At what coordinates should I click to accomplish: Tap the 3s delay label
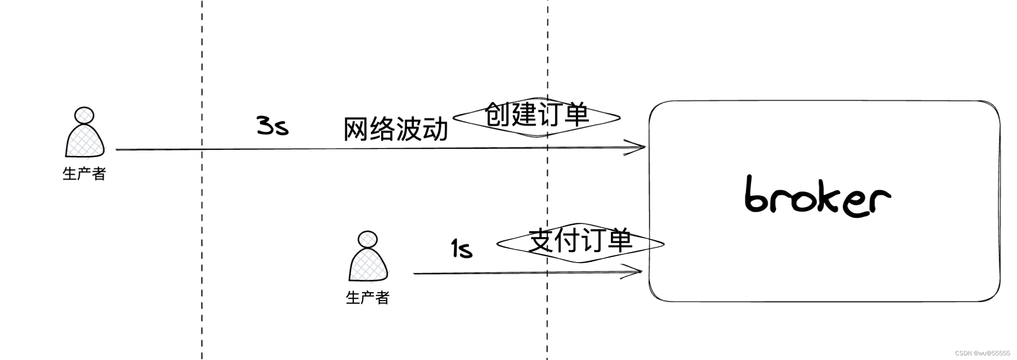click(x=272, y=126)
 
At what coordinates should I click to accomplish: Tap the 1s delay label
click(x=461, y=249)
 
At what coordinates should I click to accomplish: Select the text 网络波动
click(x=396, y=129)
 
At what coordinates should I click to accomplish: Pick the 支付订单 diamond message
click(x=580, y=242)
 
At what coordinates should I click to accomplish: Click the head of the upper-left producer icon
click(x=84, y=115)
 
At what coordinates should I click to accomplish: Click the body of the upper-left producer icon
click(x=84, y=141)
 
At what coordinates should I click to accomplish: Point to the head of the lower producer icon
click(x=367, y=239)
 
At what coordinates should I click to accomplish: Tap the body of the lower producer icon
click(x=368, y=265)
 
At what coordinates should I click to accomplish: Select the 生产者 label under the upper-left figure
click(x=84, y=174)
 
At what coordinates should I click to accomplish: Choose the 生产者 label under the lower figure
click(x=368, y=298)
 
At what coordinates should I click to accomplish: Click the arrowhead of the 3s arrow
click(x=639, y=147)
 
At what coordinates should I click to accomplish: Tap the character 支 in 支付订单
click(x=541, y=241)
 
